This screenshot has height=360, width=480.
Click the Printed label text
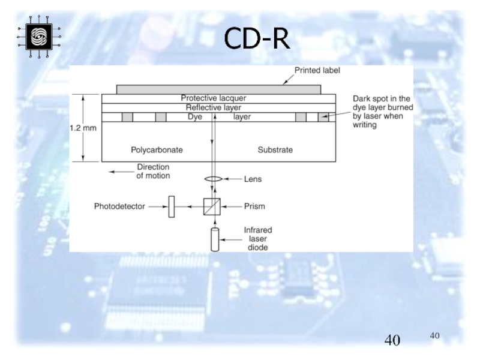(x=317, y=71)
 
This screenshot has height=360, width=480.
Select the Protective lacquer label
(x=214, y=98)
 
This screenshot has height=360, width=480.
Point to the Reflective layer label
(x=214, y=107)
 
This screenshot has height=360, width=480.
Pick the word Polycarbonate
(x=157, y=149)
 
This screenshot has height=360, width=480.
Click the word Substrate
(x=275, y=149)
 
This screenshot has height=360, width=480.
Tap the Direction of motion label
(x=153, y=172)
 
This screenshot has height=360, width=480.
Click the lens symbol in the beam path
(x=214, y=179)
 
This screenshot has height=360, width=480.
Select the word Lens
(x=253, y=179)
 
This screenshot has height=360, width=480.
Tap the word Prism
(x=254, y=206)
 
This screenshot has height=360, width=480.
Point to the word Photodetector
(x=120, y=206)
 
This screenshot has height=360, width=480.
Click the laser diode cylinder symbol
(x=214, y=239)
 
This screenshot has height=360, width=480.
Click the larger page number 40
(x=392, y=341)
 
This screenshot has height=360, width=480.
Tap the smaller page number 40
(x=435, y=335)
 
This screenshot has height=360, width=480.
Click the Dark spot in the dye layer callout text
(x=381, y=111)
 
